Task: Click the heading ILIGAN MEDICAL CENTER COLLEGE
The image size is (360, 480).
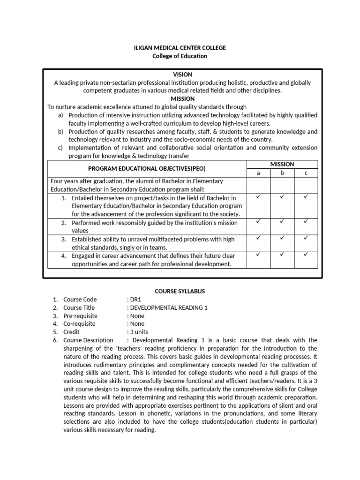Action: pyautogui.click(x=180, y=48)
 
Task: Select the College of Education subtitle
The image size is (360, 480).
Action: pyautogui.click(x=180, y=56)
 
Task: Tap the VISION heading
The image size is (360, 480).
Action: pyautogui.click(x=182, y=75)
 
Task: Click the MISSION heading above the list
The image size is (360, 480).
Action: pyautogui.click(x=182, y=99)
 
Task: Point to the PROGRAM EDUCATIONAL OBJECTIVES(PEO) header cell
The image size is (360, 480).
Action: pyautogui.click(x=147, y=168)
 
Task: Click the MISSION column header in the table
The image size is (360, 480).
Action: pyautogui.click(x=282, y=164)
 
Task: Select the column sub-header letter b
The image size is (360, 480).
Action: pyautogui.click(x=282, y=173)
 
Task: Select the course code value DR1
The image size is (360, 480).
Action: pyautogui.click(x=136, y=300)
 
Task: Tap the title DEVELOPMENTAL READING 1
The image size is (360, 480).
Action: pyautogui.click(x=168, y=307)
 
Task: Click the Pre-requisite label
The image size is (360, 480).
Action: pyautogui.click(x=81, y=316)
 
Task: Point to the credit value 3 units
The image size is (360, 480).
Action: pyautogui.click(x=140, y=332)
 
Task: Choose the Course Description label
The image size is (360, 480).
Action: pyautogui.click(x=89, y=340)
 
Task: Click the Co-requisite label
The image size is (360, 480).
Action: pyautogui.click(x=79, y=324)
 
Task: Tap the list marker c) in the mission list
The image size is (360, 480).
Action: pyautogui.click(x=61, y=148)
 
